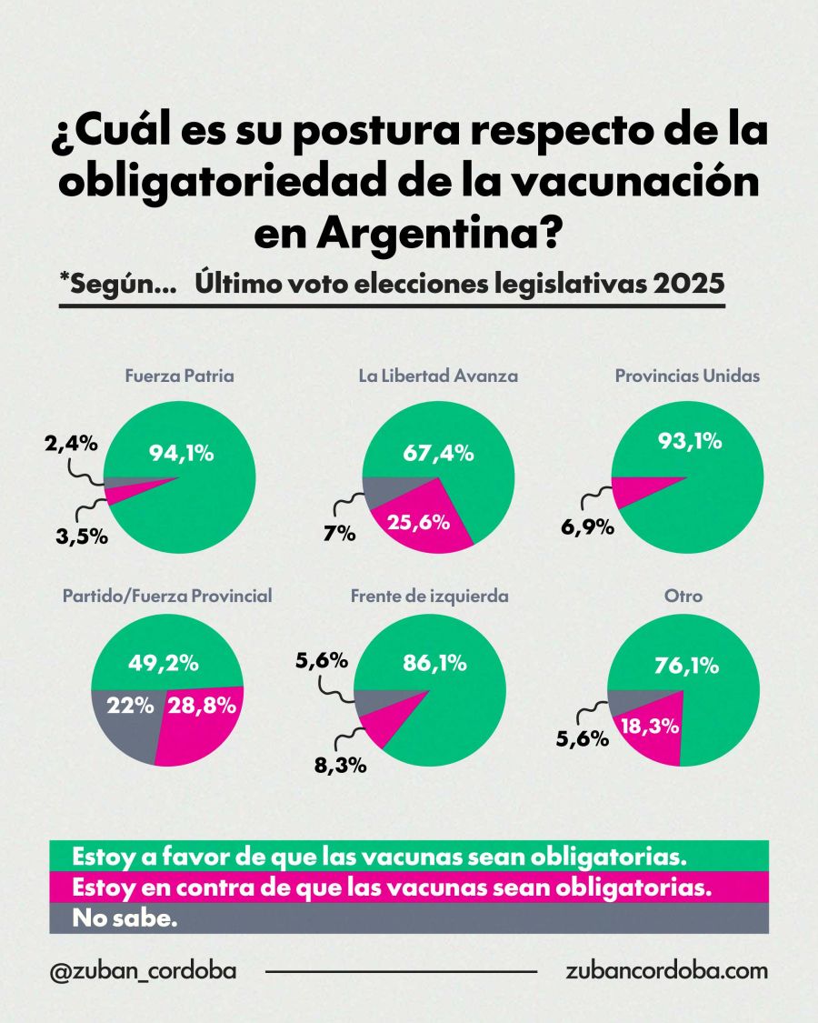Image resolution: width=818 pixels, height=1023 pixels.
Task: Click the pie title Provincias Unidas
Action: click(686, 376)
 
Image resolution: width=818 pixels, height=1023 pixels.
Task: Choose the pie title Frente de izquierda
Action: click(429, 597)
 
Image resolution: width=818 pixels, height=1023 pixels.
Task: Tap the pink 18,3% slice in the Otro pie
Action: click(650, 726)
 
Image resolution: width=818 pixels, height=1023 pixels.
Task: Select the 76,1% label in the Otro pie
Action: click(686, 666)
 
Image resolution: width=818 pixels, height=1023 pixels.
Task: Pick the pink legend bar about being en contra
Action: click(408, 888)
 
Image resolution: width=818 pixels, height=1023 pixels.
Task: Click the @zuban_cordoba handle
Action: click(143, 970)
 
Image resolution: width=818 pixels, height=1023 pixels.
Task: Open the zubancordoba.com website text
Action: click(666, 970)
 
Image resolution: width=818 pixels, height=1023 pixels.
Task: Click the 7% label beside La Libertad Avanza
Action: click(340, 535)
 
